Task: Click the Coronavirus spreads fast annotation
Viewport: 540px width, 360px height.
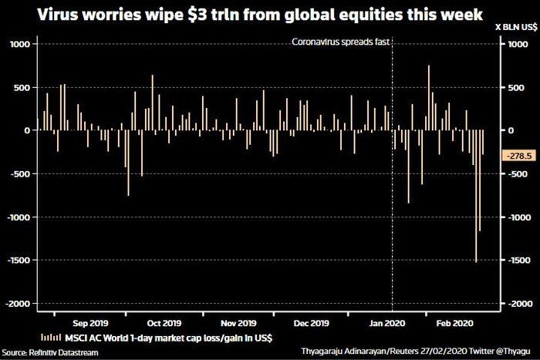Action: click(x=339, y=42)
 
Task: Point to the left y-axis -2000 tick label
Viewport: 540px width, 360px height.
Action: click(x=17, y=304)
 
